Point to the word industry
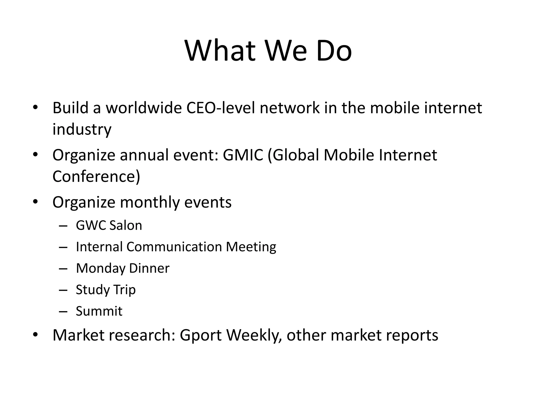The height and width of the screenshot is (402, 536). point(82,129)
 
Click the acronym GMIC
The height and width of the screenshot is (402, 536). point(243,155)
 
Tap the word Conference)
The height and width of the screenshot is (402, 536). point(96,176)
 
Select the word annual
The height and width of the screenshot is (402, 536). point(144,155)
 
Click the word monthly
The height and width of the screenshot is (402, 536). point(150,202)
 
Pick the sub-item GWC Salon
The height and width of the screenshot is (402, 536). point(109,225)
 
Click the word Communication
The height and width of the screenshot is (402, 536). point(174,247)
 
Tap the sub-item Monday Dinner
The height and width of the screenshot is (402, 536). point(122,268)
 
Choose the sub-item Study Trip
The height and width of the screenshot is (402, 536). point(106,290)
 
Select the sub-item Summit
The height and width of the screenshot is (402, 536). point(99,311)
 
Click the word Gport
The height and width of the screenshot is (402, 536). point(201,335)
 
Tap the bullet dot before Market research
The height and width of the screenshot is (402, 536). point(36,335)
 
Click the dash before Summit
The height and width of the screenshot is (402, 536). point(63,311)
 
